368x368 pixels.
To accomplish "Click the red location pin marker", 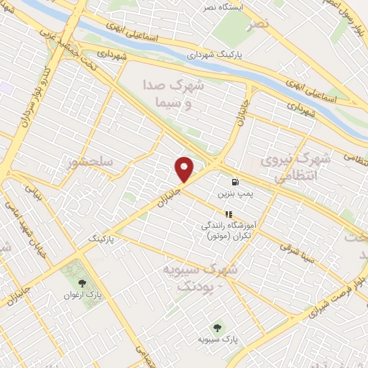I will [x=185, y=169].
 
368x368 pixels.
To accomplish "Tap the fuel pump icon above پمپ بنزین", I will [x=235, y=182].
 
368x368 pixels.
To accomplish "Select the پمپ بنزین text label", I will [x=235, y=194].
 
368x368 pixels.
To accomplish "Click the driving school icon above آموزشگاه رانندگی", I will [x=229, y=213].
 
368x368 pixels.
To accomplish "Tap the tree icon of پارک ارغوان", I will [x=83, y=282].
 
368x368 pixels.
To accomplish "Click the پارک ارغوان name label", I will [x=83, y=294].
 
